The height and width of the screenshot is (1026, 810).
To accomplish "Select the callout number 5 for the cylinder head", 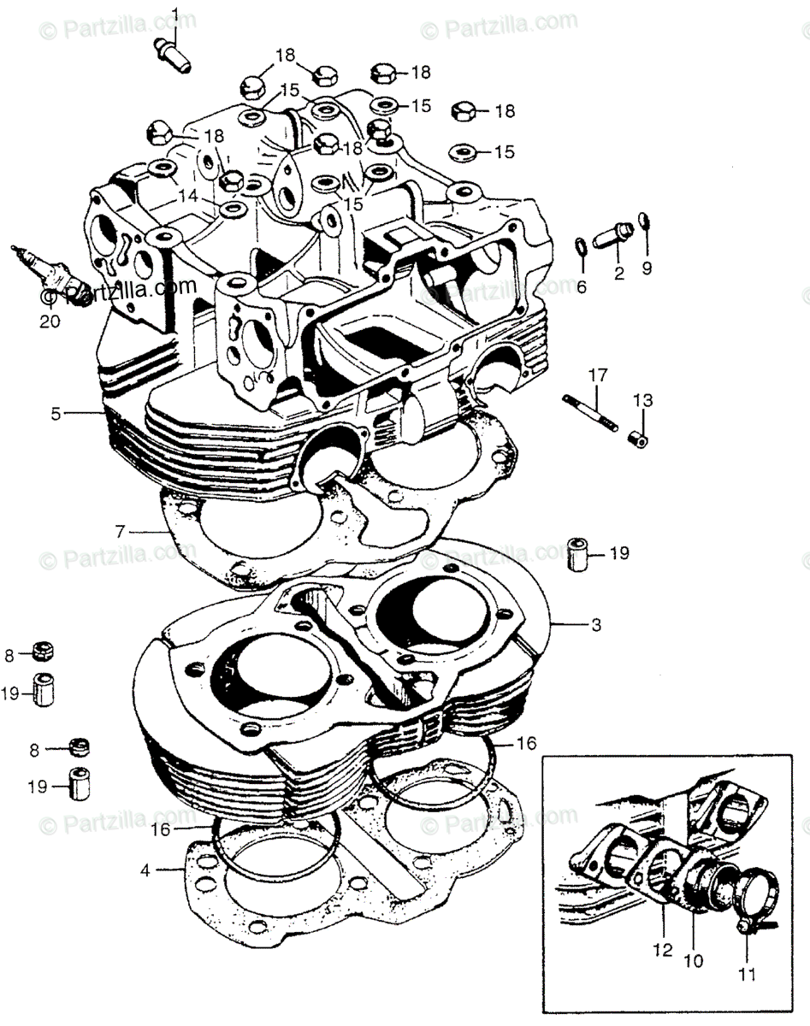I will tap(56, 414).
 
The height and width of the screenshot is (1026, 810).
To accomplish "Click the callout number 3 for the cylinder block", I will tap(595, 625).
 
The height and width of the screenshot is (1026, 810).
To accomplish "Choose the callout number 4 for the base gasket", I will tap(146, 870).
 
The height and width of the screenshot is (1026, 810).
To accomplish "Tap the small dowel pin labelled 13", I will tap(638, 438).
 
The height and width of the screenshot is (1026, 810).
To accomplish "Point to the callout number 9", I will tap(647, 268).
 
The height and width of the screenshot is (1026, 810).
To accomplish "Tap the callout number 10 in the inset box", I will tap(694, 961).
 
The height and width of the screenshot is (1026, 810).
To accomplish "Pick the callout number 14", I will tap(188, 195).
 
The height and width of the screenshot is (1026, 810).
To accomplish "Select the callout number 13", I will tap(642, 400).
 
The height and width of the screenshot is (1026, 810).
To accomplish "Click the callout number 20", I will tap(50, 322).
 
